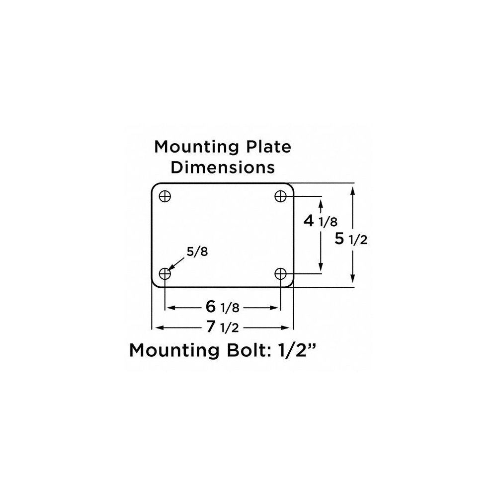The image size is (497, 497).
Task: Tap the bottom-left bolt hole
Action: [165, 273]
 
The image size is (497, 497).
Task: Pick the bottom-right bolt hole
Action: [281, 273]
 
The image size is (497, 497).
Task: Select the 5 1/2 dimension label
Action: [351, 240]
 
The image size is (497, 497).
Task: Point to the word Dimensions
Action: [223, 167]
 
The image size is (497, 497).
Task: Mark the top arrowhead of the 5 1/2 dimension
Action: [353, 190]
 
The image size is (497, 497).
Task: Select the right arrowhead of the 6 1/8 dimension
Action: [276, 308]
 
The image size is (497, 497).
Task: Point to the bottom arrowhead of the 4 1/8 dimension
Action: [322, 268]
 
